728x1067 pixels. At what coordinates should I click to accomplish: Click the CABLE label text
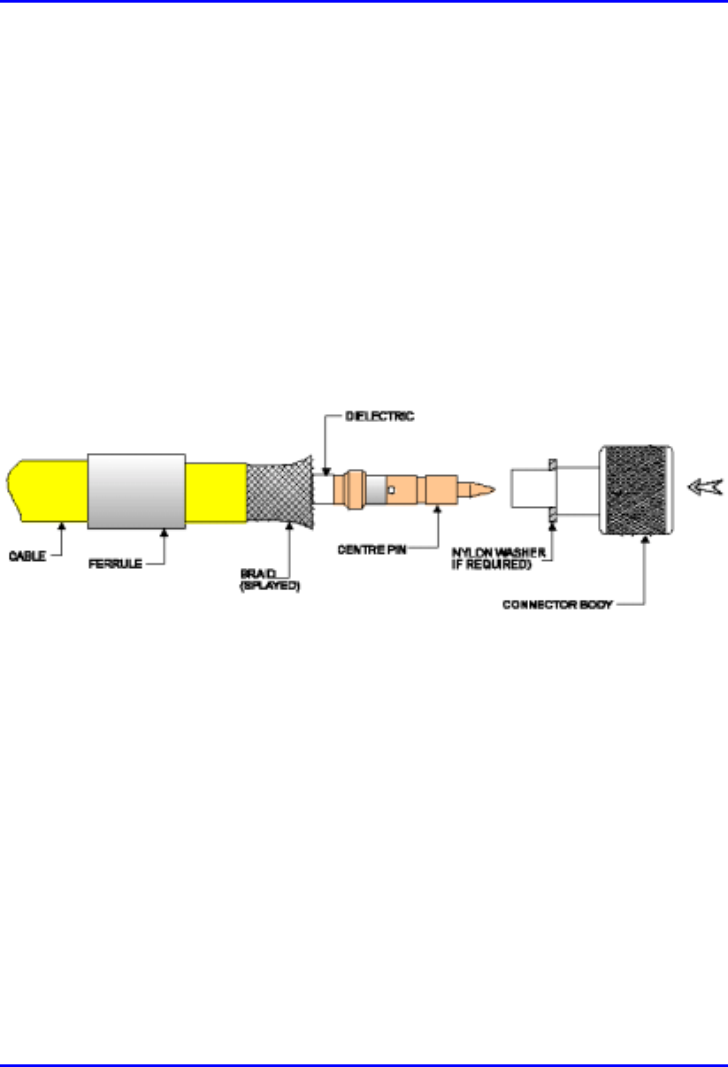click(x=27, y=556)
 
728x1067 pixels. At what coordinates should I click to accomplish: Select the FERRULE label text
click(x=115, y=564)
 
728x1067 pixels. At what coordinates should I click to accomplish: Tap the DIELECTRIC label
click(x=379, y=417)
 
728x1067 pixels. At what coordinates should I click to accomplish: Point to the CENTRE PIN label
click(x=372, y=549)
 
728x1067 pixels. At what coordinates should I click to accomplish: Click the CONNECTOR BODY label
click(x=557, y=604)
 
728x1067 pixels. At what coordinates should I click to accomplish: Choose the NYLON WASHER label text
click(x=498, y=553)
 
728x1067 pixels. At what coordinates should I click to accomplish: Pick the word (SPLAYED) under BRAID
click(x=270, y=586)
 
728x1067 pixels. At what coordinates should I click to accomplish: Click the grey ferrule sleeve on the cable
click(x=136, y=491)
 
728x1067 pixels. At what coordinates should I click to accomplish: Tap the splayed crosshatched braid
click(x=280, y=492)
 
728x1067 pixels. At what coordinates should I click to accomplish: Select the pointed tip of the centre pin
click(x=494, y=489)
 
